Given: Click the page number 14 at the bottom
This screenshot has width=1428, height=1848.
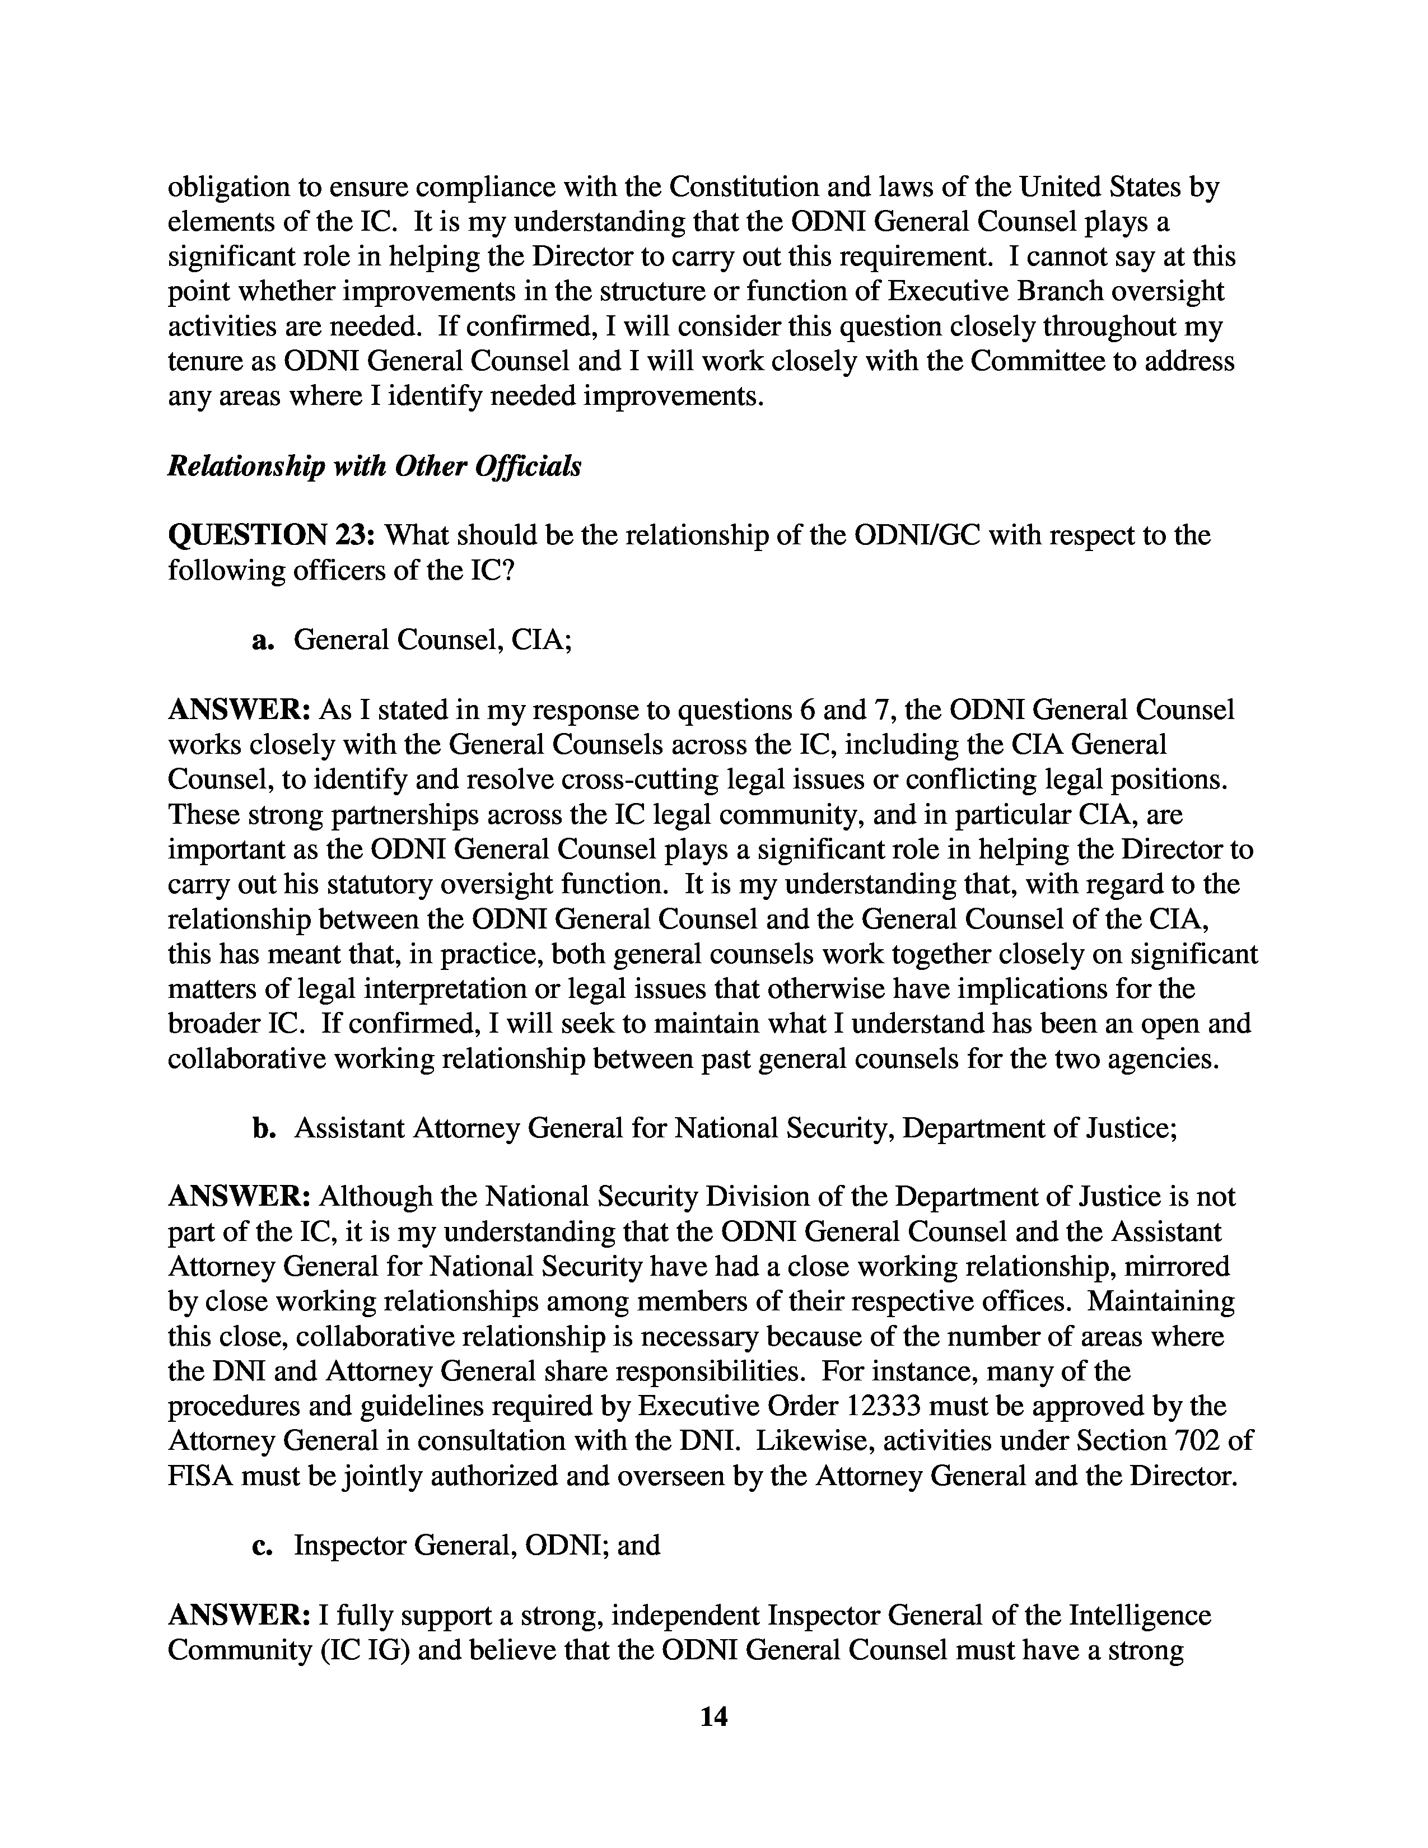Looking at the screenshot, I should [x=714, y=1715].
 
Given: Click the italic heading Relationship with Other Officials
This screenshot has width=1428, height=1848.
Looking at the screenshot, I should [x=374, y=466].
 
